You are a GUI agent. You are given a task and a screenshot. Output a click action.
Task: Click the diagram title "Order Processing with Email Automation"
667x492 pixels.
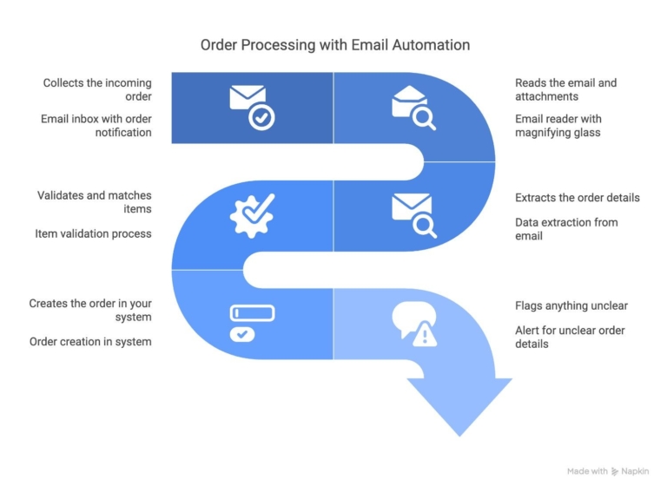click(334, 44)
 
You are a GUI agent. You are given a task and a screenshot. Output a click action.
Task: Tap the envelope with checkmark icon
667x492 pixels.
click(252, 108)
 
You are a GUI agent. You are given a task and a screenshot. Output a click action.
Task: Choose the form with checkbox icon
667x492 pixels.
click(252, 323)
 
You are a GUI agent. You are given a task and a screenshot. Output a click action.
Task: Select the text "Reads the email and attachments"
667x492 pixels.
click(565, 89)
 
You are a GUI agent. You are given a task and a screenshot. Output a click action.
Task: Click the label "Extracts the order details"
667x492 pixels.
click(577, 198)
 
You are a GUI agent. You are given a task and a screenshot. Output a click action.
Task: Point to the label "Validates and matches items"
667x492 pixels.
click(94, 202)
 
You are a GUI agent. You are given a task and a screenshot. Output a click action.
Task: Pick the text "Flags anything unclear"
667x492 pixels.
click(571, 305)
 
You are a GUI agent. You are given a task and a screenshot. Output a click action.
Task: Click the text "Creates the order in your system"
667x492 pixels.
click(90, 311)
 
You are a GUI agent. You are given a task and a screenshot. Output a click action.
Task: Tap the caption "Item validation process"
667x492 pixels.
click(93, 233)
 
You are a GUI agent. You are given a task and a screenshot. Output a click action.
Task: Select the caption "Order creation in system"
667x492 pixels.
click(90, 342)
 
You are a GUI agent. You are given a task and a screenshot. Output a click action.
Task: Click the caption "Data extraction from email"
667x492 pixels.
click(566, 229)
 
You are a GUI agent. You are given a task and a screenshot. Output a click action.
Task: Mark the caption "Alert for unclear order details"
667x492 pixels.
click(570, 337)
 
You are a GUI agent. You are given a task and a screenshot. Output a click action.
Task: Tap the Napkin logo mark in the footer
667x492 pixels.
click(615, 471)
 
